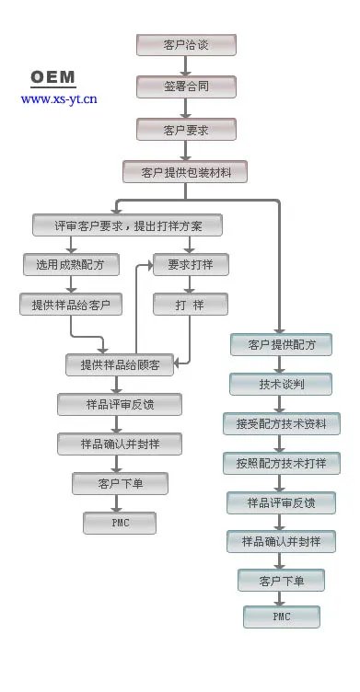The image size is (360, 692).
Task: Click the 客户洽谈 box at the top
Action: coord(186,44)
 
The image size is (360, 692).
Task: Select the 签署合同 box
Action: coord(186,86)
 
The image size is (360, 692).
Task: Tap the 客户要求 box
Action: coord(186,129)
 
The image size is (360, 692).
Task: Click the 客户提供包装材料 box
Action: coord(186,171)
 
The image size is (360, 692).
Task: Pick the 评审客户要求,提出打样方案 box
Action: coord(128,225)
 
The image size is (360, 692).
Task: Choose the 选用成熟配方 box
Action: coord(70,264)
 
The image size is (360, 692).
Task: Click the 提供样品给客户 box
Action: coord(70,305)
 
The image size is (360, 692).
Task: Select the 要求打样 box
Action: coord(190,264)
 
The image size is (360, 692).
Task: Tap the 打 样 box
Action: coord(190,305)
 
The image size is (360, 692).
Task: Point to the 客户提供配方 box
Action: coord(281,345)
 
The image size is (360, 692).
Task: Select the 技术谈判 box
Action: coord(281,384)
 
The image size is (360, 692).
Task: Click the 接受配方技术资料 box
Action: coord(281,423)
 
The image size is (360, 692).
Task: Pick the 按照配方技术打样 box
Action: coord(281,463)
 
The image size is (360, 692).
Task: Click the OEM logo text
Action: coord(52,77)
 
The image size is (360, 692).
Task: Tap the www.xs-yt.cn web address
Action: coord(59,98)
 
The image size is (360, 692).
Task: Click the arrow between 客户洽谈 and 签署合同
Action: coord(186,65)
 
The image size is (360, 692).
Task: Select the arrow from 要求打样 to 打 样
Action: coord(190,284)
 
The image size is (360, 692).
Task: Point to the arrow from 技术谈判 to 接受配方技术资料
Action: coord(281,404)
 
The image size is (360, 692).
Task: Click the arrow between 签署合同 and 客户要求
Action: coord(186,108)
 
